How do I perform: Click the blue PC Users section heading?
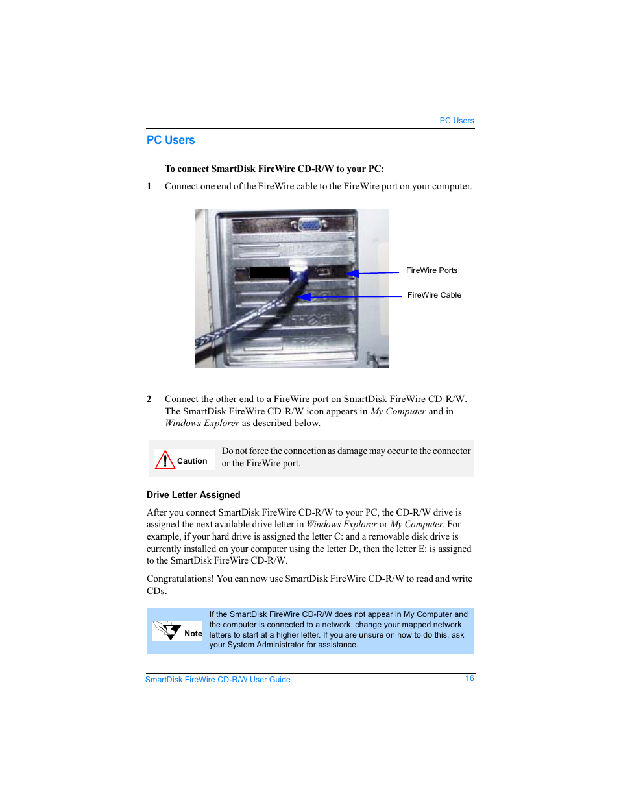click(171, 140)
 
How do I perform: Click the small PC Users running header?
click(456, 121)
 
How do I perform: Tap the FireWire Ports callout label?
click(431, 270)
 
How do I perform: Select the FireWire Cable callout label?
click(434, 295)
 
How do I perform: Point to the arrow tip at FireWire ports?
click(348, 273)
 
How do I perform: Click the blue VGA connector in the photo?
click(308, 224)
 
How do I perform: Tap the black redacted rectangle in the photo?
click(269, 272)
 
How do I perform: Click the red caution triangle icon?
click(165, 460)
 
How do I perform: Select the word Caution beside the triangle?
click(192, 461)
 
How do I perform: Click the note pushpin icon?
click(167, 630)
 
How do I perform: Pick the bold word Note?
click(193, 634)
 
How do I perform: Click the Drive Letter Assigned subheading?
click(193, 495)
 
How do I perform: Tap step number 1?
click(149, 187)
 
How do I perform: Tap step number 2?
click(149, 400)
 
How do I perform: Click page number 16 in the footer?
click(470, 678)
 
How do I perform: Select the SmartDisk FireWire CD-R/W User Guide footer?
click(218, 680)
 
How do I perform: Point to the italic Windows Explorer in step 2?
click(202, 424)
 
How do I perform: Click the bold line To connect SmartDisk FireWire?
click(274, 169)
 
